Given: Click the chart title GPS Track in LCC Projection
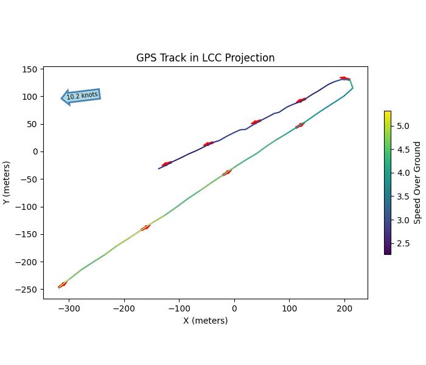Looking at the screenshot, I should [205, 58].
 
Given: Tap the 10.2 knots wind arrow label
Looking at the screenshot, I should [82, 96].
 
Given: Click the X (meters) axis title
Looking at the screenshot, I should [205, 321].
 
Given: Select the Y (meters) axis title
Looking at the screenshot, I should [6, 182].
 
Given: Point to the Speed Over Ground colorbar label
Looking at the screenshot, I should [417, 182].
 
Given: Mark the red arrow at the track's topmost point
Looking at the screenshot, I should [344, 78].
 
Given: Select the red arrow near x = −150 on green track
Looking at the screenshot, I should [145, 228].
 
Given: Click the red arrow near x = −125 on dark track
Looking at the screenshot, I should [166, 164].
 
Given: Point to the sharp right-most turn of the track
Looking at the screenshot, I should [352, 88].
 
